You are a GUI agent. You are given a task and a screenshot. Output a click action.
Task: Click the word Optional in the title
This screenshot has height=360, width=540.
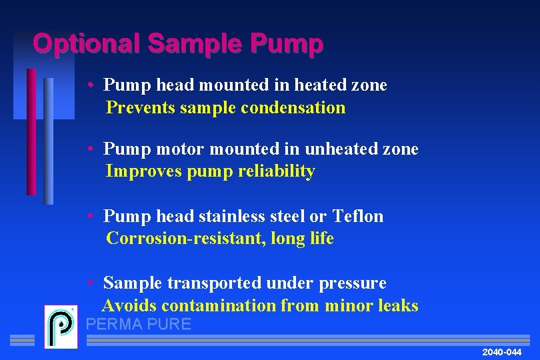pos(86,44)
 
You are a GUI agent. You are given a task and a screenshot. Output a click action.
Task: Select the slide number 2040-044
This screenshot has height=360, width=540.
pos(501,351)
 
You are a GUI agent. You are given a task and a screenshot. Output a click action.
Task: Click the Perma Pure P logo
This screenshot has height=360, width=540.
pos(61,327)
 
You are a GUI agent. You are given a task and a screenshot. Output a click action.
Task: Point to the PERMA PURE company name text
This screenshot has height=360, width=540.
pos(139,325)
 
